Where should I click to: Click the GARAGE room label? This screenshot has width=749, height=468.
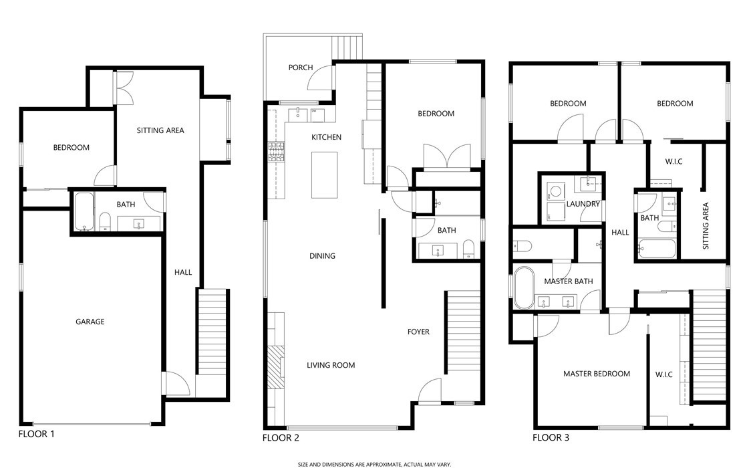(x=90, y=322)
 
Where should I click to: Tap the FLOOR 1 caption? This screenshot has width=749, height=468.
(x=36, y=434)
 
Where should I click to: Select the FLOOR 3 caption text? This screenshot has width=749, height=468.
(x=551, y=439)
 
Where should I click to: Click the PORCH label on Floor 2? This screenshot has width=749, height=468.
(x=301, y=68)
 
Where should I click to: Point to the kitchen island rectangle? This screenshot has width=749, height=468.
(x=324, y=174)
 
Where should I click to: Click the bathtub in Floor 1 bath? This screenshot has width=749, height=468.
(x=84, y=211)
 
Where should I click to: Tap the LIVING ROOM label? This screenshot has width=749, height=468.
(x=331, y=365)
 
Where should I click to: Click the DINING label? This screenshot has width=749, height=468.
(x=322, y=256)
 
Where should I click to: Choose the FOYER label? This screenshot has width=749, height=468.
(x=418, y=332)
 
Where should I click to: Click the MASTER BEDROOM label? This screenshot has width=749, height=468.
(x=596, y=374)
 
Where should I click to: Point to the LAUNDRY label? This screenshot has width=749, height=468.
(x=583, y=204)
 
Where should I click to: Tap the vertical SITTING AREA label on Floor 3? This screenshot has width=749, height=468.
(x=706, y=226)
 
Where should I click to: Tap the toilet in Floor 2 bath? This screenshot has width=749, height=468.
(x=468, y=250)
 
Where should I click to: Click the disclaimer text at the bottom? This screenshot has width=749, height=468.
(x=374, y=463)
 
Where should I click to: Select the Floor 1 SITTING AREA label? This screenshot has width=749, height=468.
(x=160, y=130)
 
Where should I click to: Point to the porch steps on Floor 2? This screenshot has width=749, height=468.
(x=346, y=47)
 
